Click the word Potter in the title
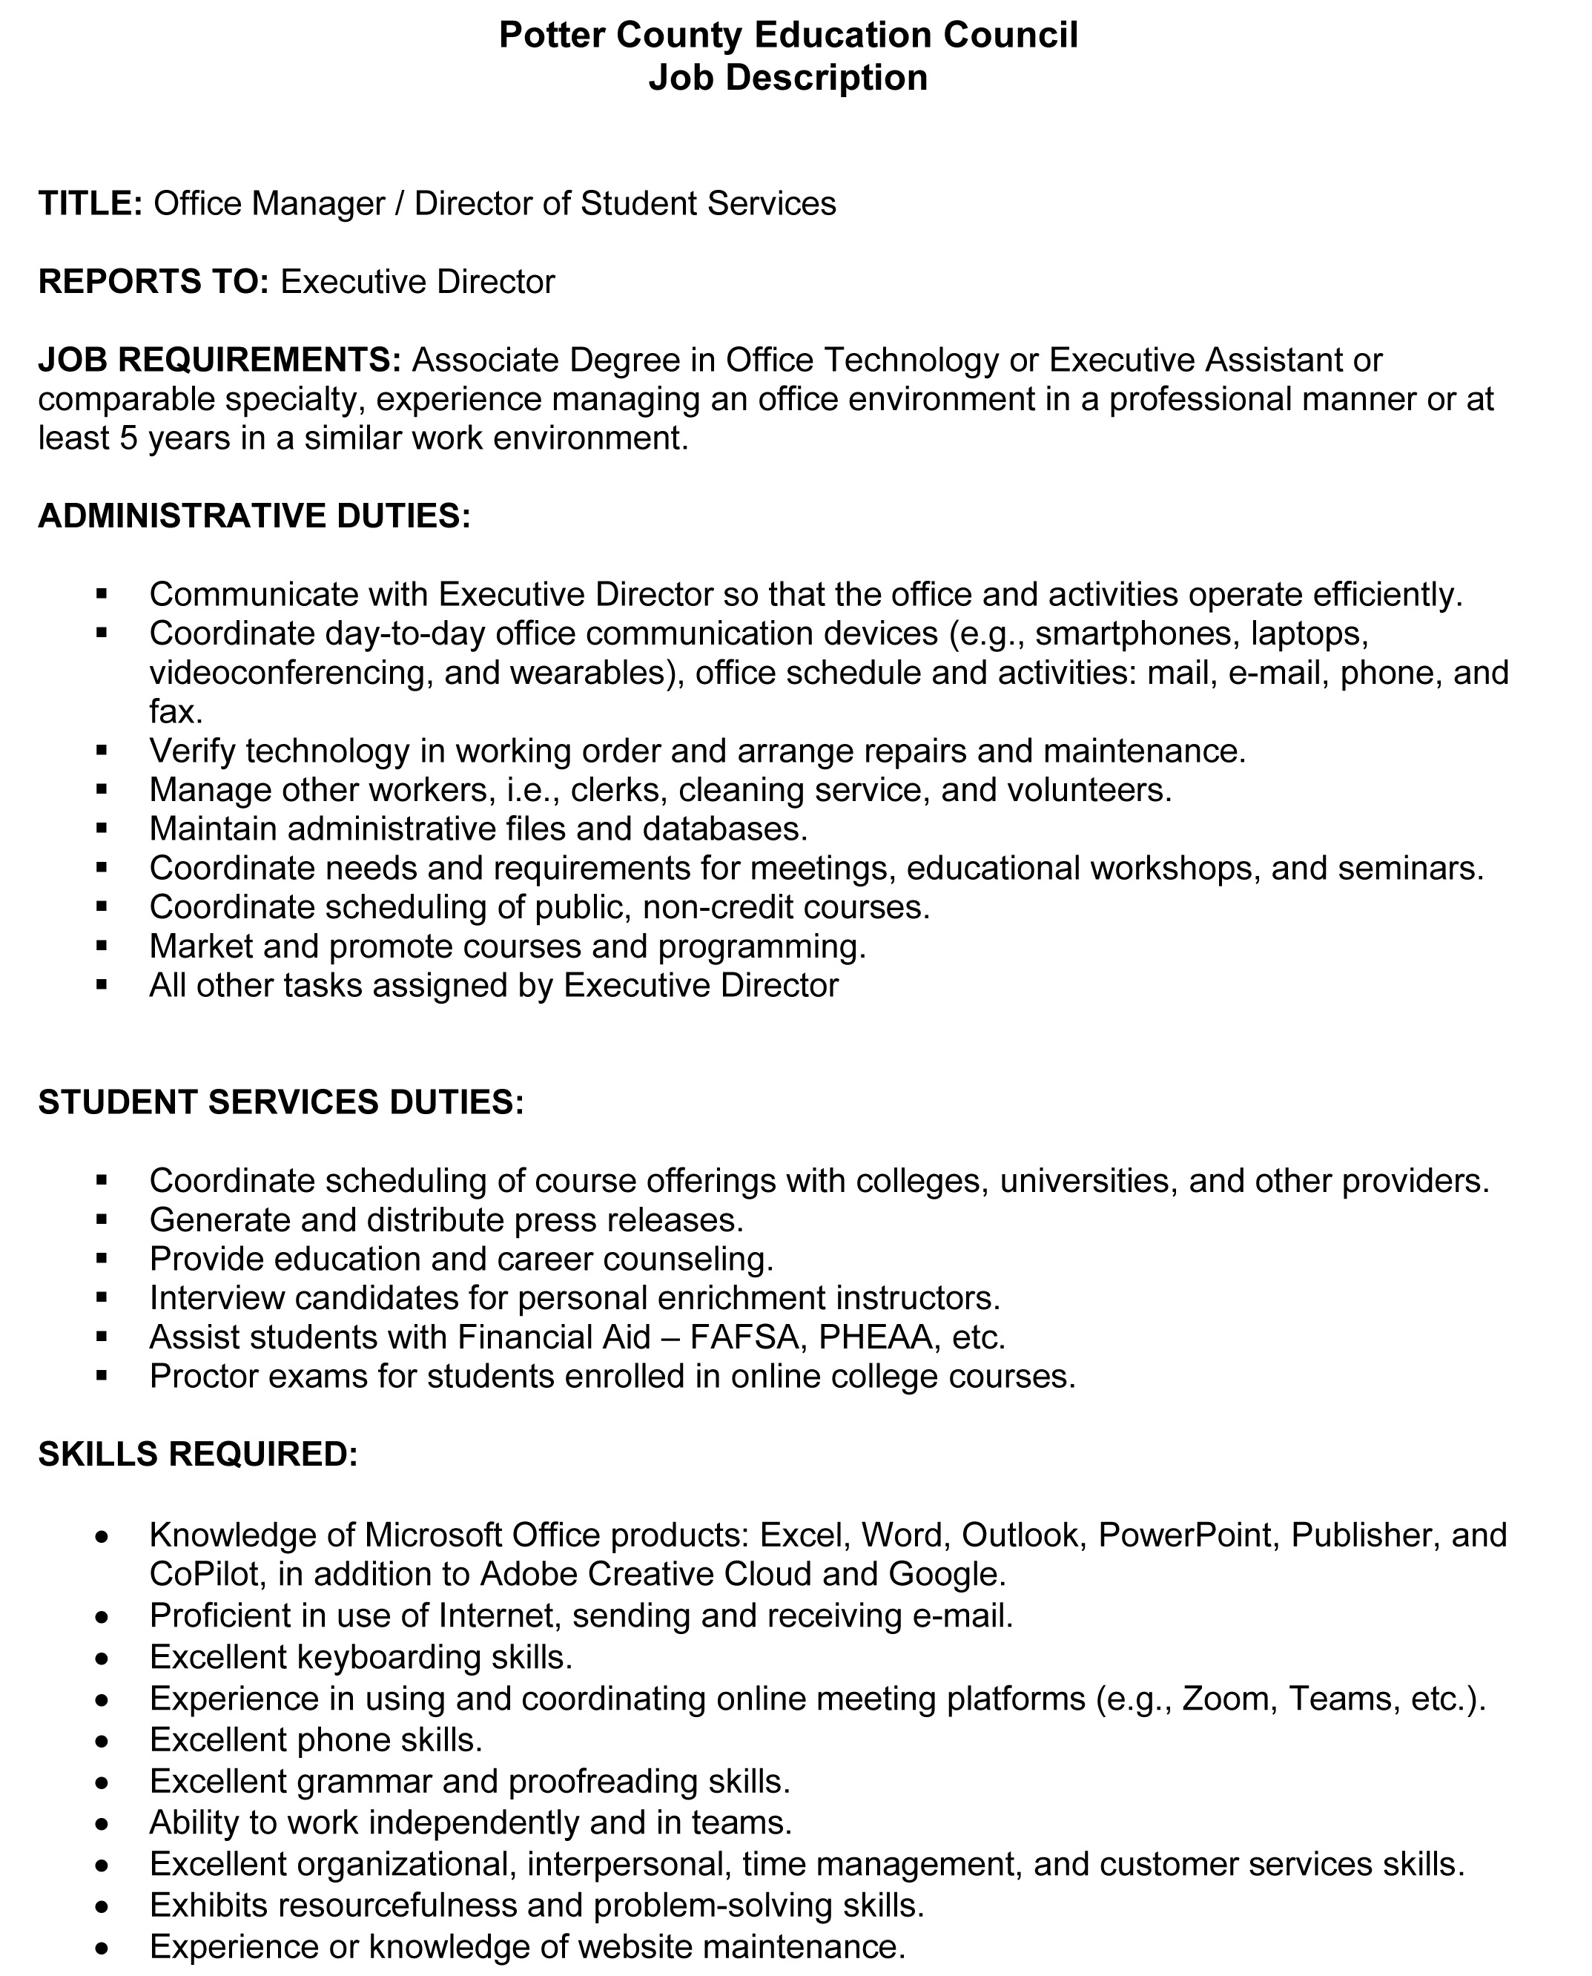[551, 35]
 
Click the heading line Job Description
[787, 78]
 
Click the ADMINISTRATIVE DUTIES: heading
[254, 516]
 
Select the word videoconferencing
[291, 674]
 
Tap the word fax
[175, 712]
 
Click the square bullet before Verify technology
[102, 751]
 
